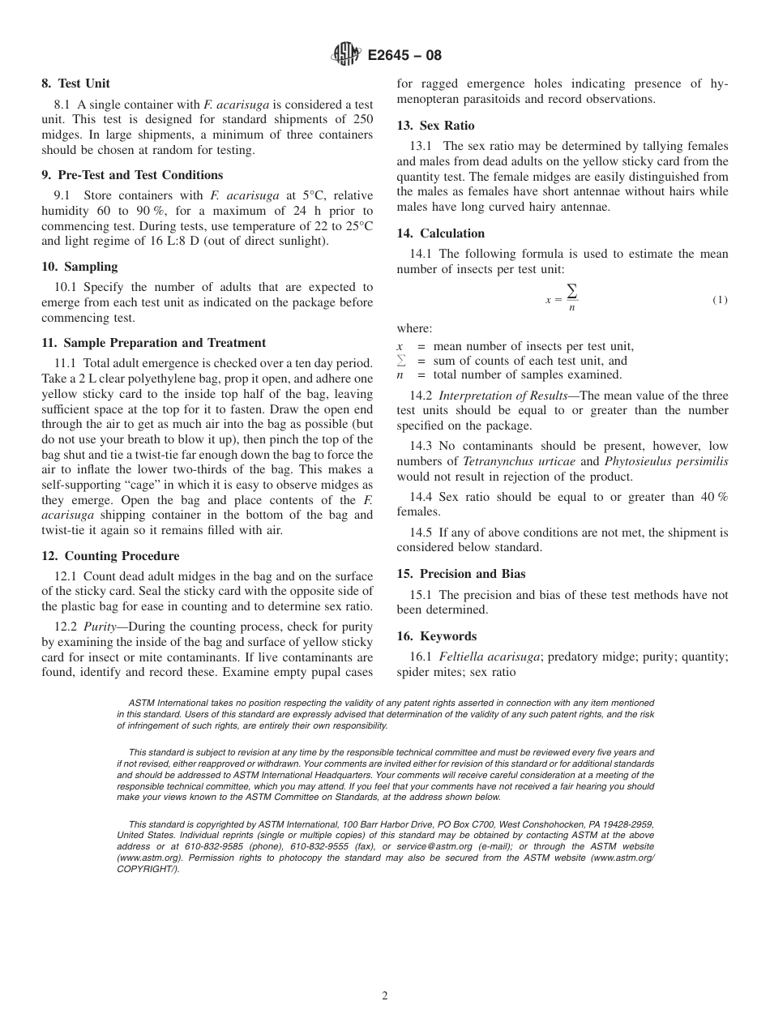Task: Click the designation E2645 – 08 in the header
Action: pyautogui.click(x=404, y=56)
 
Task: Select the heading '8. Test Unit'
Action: pyautogui.click(x=75, y=83)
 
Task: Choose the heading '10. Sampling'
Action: pyautogui.click(x=79, y=267)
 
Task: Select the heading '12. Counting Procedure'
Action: pyautogui.click(x=110, y=556)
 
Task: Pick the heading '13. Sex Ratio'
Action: pyautogui.click(x=435, y=126)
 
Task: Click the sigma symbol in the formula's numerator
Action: pyautogui.click(x=572, y=291)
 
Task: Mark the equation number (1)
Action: pyautogui.click(x=720, y=300)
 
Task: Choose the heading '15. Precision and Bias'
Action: pyautogui.click(x=460, y=574)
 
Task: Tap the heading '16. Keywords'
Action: pyautogui.click(x=436, y=636)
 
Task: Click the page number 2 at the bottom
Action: pyautogui.click(x=385, y=996)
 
